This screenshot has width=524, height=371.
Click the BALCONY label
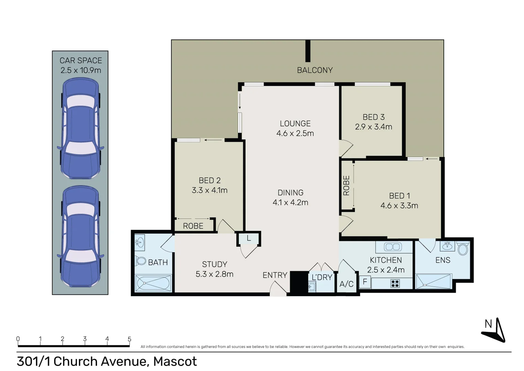tap(314, 70)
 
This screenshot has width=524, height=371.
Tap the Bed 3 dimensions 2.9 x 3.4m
tap(373, 127)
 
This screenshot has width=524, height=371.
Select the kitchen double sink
tap(393, 247)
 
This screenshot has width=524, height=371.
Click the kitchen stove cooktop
tap(395, 283)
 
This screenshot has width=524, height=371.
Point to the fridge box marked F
tap(365, 282)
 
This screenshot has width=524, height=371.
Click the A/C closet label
tap(346, 284)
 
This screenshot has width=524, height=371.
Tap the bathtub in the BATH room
tap(153, 283)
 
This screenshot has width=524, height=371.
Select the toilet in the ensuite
tap(463, 249)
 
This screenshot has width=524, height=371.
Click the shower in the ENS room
tap(433, 281)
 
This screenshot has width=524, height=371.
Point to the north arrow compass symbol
tap(495, 330)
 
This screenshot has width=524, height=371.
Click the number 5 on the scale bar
tap(129, 339)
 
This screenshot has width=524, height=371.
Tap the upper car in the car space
tap(81, 128)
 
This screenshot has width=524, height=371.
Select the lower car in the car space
tap(81, 236)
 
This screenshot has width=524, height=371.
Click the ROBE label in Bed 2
tap(193, 226)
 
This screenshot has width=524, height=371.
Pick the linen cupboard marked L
tap(249, 238)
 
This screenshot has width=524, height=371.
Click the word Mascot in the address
tap(175, 361)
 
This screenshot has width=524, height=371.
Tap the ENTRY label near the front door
tap(275, 275)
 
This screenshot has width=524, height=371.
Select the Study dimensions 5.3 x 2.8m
tap(214, 274)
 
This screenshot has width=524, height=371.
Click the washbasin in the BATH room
tap(139, 243)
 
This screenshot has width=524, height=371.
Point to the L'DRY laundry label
tap(322, 277)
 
